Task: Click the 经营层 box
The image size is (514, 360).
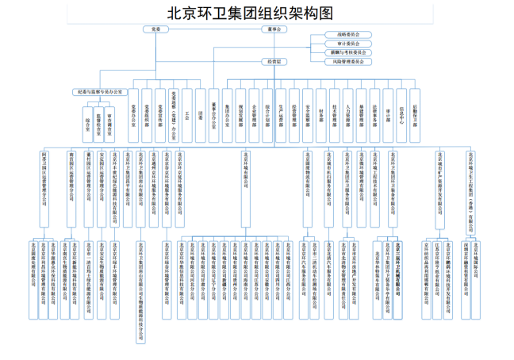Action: click(270, 61)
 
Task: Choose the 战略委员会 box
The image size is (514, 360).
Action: click(347, 35)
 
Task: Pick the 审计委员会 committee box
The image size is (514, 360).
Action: click(347, 44)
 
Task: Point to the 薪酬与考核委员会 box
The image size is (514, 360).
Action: click(347, 52)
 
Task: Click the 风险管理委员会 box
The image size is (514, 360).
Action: click(347, 61)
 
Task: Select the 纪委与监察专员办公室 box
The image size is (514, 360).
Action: click(101, 93)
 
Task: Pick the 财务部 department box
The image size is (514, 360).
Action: click(321, 115)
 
